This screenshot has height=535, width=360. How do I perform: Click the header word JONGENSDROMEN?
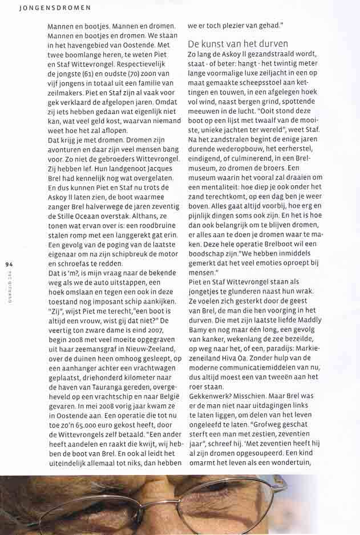point(47,8)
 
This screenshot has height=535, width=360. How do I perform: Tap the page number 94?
point(9,264)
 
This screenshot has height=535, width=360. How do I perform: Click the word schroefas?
point(67,264)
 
